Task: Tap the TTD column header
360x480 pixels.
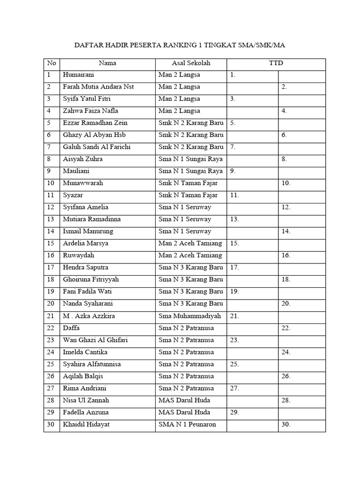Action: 276,63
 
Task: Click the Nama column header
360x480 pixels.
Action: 107,63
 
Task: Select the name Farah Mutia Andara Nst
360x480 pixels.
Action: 98,87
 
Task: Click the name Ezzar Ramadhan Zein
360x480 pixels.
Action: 95,123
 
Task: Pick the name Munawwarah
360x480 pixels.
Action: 83,183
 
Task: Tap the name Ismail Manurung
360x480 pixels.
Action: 88,231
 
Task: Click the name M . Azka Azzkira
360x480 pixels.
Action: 89,316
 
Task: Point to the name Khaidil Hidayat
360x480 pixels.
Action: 87,424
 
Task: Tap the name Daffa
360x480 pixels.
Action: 71,328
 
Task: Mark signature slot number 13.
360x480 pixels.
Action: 234,219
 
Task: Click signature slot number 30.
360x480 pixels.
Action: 286,425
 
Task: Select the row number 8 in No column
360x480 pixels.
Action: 48,159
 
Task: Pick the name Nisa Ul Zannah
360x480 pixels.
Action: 86,400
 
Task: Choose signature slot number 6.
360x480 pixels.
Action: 284,135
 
